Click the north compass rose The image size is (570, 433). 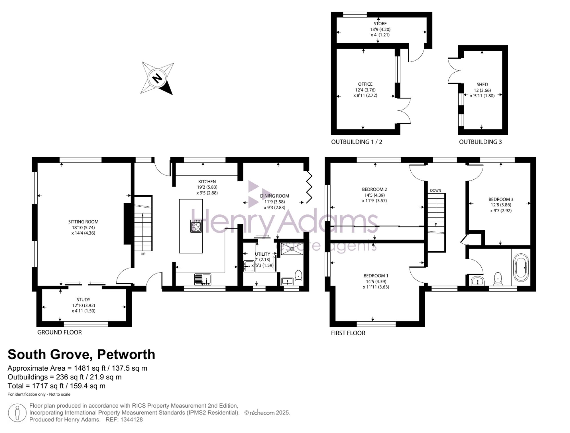pos(157,78)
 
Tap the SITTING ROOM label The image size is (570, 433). pos(83,222)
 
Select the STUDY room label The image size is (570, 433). pos(84,299)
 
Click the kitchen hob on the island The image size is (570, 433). pos(196,226)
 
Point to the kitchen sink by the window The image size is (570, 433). pos(203,279)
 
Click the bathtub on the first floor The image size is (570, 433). pos(521,268)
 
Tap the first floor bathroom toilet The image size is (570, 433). pos(498,279)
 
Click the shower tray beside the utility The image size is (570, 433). pos(292,249)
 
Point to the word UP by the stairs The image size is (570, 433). pos(143,254)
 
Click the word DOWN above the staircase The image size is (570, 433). pos(435,190)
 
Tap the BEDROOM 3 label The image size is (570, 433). pos(501,199)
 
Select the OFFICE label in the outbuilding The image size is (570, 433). pos(365,84)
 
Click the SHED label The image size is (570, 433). pos(482,85)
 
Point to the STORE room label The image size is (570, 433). pos(380,24)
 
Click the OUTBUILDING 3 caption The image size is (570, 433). pos(480,142)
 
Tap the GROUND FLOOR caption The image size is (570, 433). pos(60,332)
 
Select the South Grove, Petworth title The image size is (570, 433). pos(81,354)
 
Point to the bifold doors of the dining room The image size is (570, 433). pos(309,187)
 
